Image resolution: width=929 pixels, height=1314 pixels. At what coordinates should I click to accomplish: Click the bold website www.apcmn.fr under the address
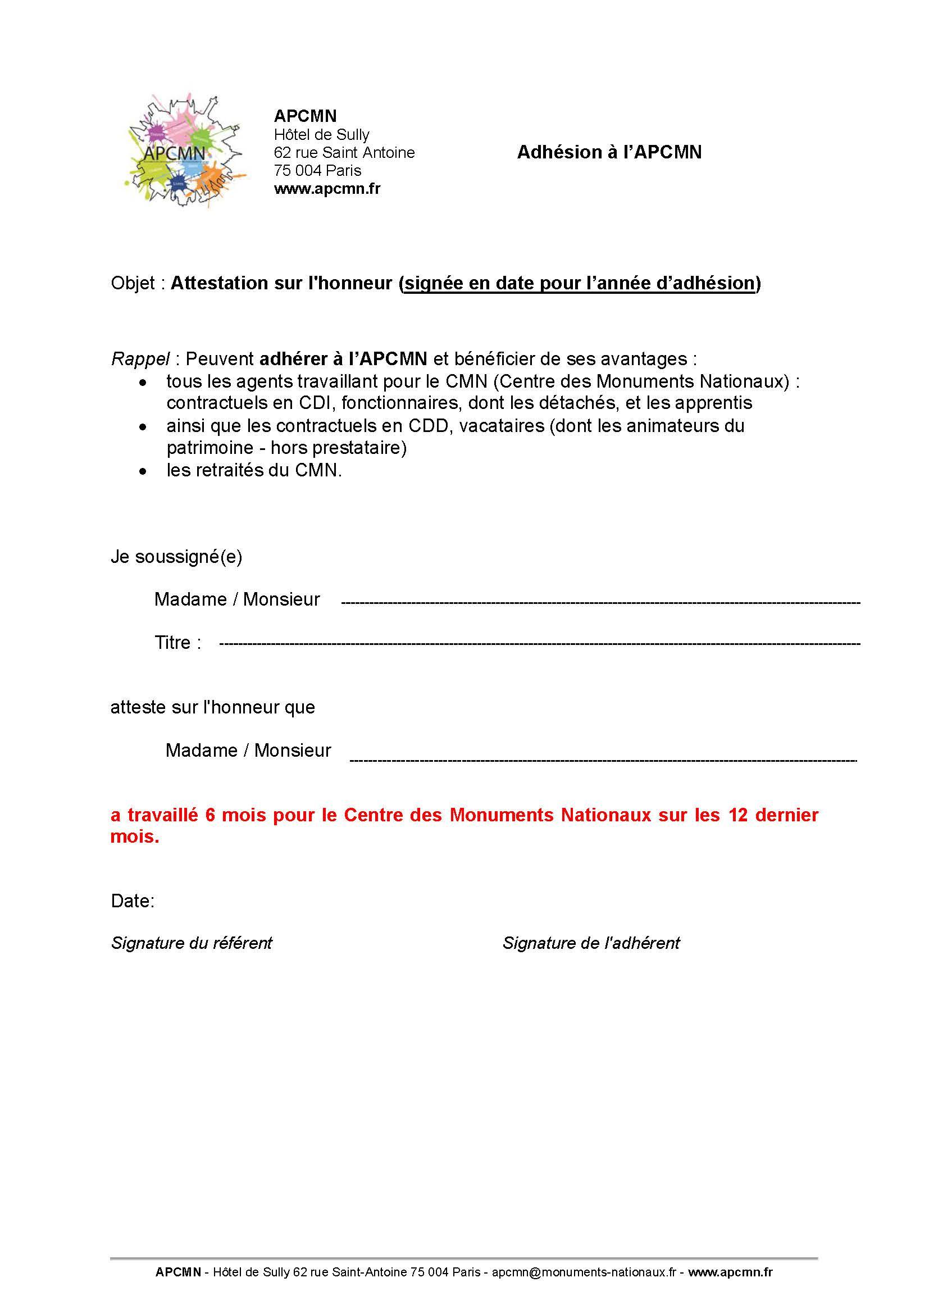pyautogui.click(x=327, y=188)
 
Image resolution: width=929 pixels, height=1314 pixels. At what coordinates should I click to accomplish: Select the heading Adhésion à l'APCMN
pyautogui.click(x=609, y=152)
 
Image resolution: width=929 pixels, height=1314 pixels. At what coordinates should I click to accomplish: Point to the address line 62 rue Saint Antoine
pyautogui.click(x=344, y=152)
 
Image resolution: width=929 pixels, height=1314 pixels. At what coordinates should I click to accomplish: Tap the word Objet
pyautogui.click(x=133, y=283)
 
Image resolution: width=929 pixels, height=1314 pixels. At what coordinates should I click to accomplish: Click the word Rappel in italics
pyautogui.click(x=140, y=359)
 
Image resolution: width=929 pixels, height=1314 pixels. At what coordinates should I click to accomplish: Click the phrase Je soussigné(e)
pyautogui.click(x=176, y=556)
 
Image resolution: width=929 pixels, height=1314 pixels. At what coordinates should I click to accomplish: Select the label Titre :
pyautogui.click(x=177, y=642)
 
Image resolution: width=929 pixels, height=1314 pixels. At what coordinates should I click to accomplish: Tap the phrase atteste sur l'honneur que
pyautogui.click(x=213, y=707)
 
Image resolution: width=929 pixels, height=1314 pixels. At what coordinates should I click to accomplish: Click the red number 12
pyautogui.click(x=738, y=815)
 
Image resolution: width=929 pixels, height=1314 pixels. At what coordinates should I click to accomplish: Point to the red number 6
pyautogui.click(x=210, y=815)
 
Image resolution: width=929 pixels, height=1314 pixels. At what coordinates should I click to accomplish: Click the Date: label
pyautogui.click(x=133, y=901)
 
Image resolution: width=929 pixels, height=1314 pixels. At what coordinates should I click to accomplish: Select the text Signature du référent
pyautogui.click(x=191, y=943)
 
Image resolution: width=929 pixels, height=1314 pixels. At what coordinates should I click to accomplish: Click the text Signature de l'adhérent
pyautogui.click(x=591, y=943)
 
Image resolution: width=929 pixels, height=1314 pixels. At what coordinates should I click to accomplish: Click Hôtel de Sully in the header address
pyautogui.click(x=321, y=134)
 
